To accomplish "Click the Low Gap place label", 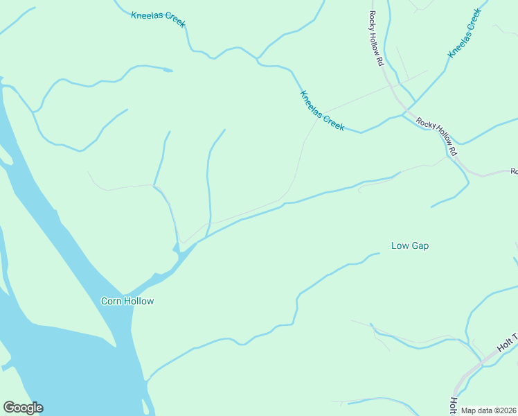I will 410,245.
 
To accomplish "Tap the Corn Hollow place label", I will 127,301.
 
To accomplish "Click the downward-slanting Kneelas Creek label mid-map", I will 322,110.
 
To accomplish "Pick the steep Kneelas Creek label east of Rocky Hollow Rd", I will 463,33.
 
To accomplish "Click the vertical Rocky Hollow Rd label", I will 376,38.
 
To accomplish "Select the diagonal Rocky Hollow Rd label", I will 437,136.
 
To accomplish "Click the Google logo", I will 23,408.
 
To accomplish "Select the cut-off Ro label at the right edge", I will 514,171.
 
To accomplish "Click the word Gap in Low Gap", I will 420,245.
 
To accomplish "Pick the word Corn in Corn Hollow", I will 111,301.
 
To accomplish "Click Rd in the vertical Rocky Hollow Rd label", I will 380,60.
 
